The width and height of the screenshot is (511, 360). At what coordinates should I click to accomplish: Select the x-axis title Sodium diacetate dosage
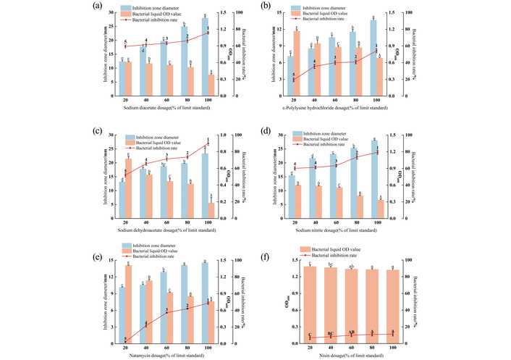click(167, 107)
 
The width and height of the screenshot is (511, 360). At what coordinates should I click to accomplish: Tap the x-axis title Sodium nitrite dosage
click(340, 231)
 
